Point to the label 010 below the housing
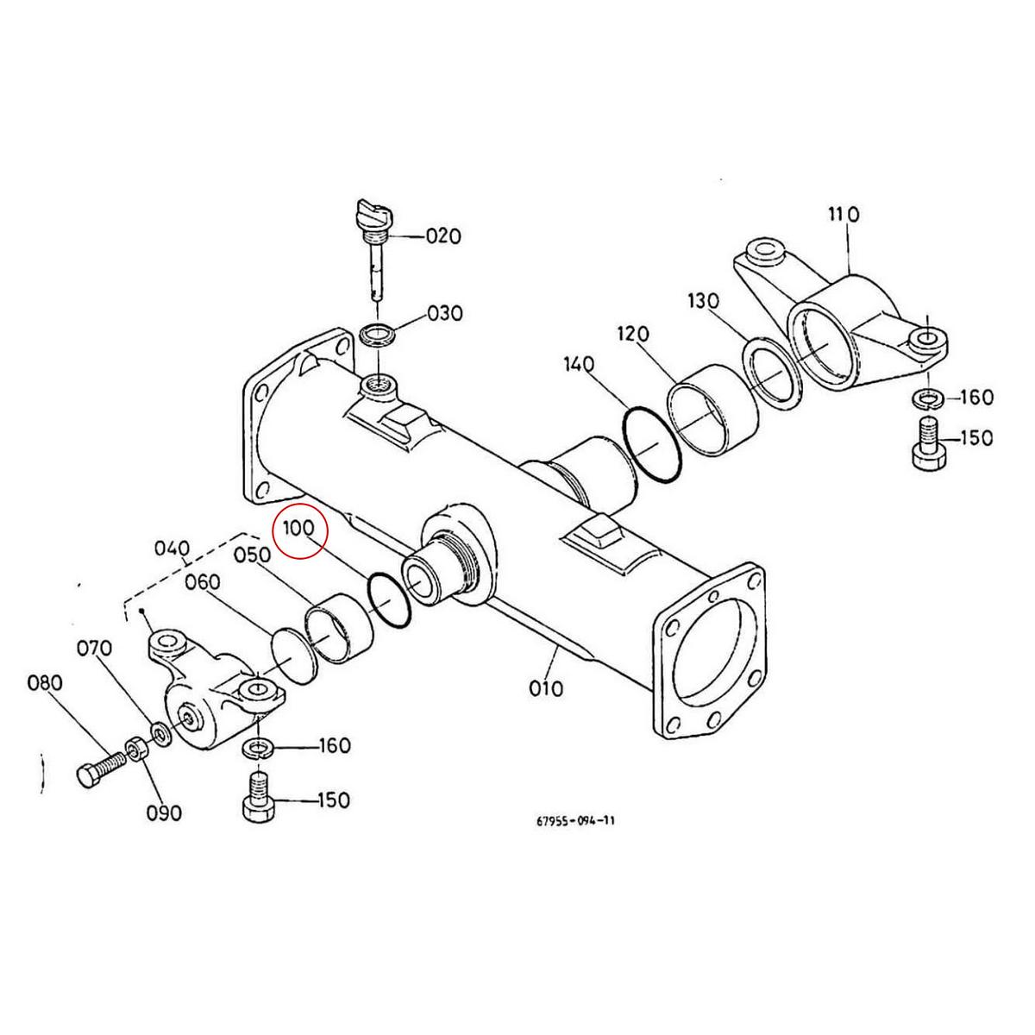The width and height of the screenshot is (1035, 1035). pyautogui.click(x=546, y=688)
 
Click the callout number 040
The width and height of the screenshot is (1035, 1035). pyautogui.click(x=172, y=549)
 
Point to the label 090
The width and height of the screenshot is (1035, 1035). pyautogui.click(x=163, y=812)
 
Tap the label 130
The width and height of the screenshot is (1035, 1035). pyautogui.click(x=705, y=301)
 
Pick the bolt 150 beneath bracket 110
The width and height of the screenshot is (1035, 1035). pyautogui.click(x=927, y=442)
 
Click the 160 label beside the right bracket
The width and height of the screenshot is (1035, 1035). pyautogui.click(x=975, y=398)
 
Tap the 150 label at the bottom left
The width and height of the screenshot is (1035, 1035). pyautogui.click(x=333, y=800)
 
